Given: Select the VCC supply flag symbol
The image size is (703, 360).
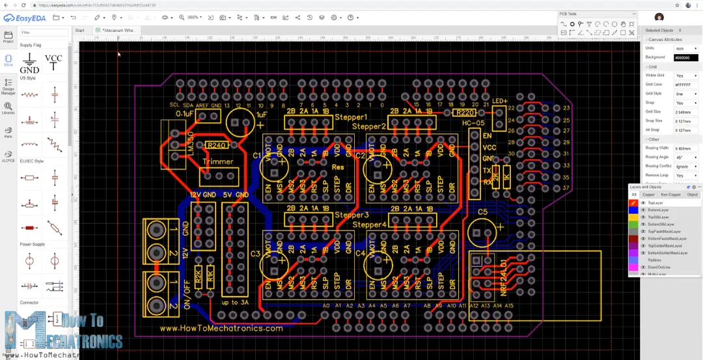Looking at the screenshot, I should pos(53,62).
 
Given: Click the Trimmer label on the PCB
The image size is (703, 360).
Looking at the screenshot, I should pos(217,161).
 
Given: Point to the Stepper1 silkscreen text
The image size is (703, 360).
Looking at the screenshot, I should pos(351,117).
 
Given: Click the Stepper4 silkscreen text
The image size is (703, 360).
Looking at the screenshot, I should pos(370,225).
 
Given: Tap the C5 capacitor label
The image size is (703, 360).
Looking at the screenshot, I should pos(482,212).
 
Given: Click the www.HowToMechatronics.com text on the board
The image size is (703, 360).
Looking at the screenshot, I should pos(221,328).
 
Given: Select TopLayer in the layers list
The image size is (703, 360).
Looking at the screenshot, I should pos(655,203).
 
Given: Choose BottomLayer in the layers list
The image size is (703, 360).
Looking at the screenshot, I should pos(657,210).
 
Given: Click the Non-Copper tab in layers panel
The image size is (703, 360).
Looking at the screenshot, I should pos(670,195).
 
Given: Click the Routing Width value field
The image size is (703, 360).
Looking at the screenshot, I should pos(685,148).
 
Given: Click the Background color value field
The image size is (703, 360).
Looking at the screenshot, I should pos(685,57).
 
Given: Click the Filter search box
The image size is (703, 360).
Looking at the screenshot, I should pos(44,32).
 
